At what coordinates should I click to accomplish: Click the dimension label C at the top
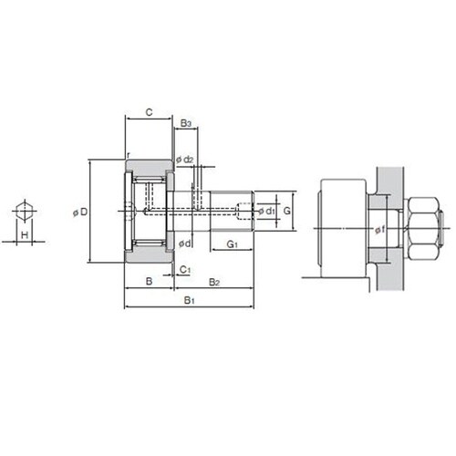click(x=149, y=112)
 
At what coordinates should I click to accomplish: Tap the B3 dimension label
click(x=186, y=123)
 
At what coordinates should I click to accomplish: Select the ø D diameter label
click(x=80, y=212)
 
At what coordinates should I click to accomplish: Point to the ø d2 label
click(x=185, y=160)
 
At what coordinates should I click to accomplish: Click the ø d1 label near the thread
click(x=266, y=211)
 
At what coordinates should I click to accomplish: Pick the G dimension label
click(x=287, y=211)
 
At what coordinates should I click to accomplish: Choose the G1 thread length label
click(x=233, y=244)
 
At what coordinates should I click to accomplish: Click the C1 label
click(x=185, y=270)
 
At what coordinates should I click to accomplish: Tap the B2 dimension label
click(x=214, y=282)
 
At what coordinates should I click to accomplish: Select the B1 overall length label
click(x=189, y=300)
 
